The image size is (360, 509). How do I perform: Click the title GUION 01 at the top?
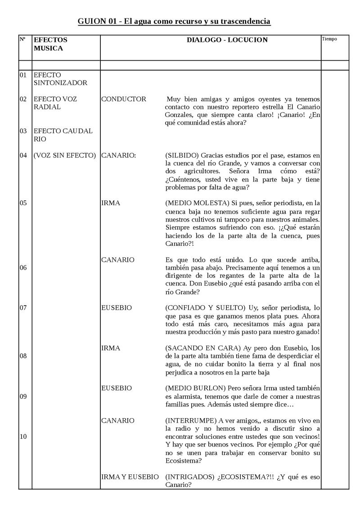174,21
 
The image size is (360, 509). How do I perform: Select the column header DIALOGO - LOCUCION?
227,40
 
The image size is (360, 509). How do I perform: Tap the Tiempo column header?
329,39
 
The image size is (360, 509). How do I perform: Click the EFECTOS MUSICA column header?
50,44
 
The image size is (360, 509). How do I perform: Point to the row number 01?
23,75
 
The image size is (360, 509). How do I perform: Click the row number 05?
23,203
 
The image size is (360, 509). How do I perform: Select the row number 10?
23,437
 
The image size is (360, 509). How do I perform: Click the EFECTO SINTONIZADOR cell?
60,79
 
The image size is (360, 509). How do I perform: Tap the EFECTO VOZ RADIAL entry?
55,103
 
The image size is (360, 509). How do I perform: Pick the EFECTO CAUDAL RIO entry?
63,135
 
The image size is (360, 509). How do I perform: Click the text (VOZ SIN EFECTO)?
65,156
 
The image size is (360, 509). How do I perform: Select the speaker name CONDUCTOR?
124,99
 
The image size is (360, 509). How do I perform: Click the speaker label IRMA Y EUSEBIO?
130,477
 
